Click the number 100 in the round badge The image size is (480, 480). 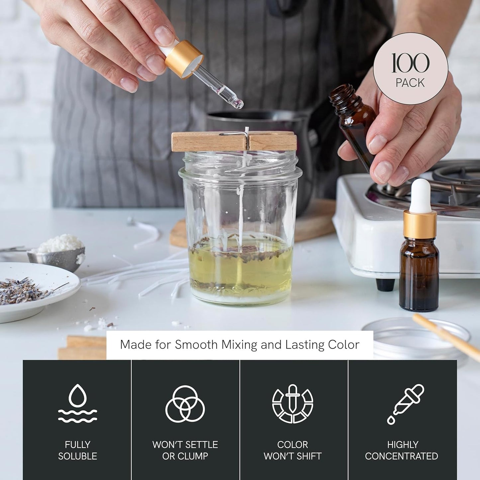pos(411,63)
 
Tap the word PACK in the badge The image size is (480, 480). pos(410,83)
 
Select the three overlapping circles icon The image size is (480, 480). pos(185,404)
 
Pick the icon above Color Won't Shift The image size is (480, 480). pos(292,404)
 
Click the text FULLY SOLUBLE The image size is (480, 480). pos(77,450)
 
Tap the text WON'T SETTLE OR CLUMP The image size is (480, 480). pos(185,450)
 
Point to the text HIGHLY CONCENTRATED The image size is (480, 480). pos(402,450)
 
